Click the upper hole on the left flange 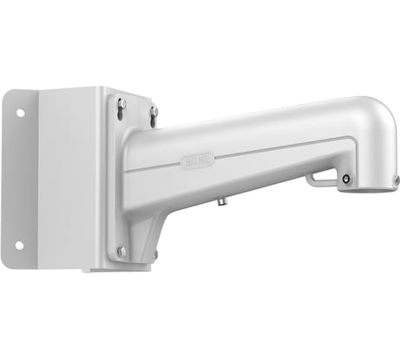18,112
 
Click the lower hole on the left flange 18,245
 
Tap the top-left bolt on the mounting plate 121,103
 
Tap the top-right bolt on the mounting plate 154,110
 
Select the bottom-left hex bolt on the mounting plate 121,251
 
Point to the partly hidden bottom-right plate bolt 155,253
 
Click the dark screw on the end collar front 347,179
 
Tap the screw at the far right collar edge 395,180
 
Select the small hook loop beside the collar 323,178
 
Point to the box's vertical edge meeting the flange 40,178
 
